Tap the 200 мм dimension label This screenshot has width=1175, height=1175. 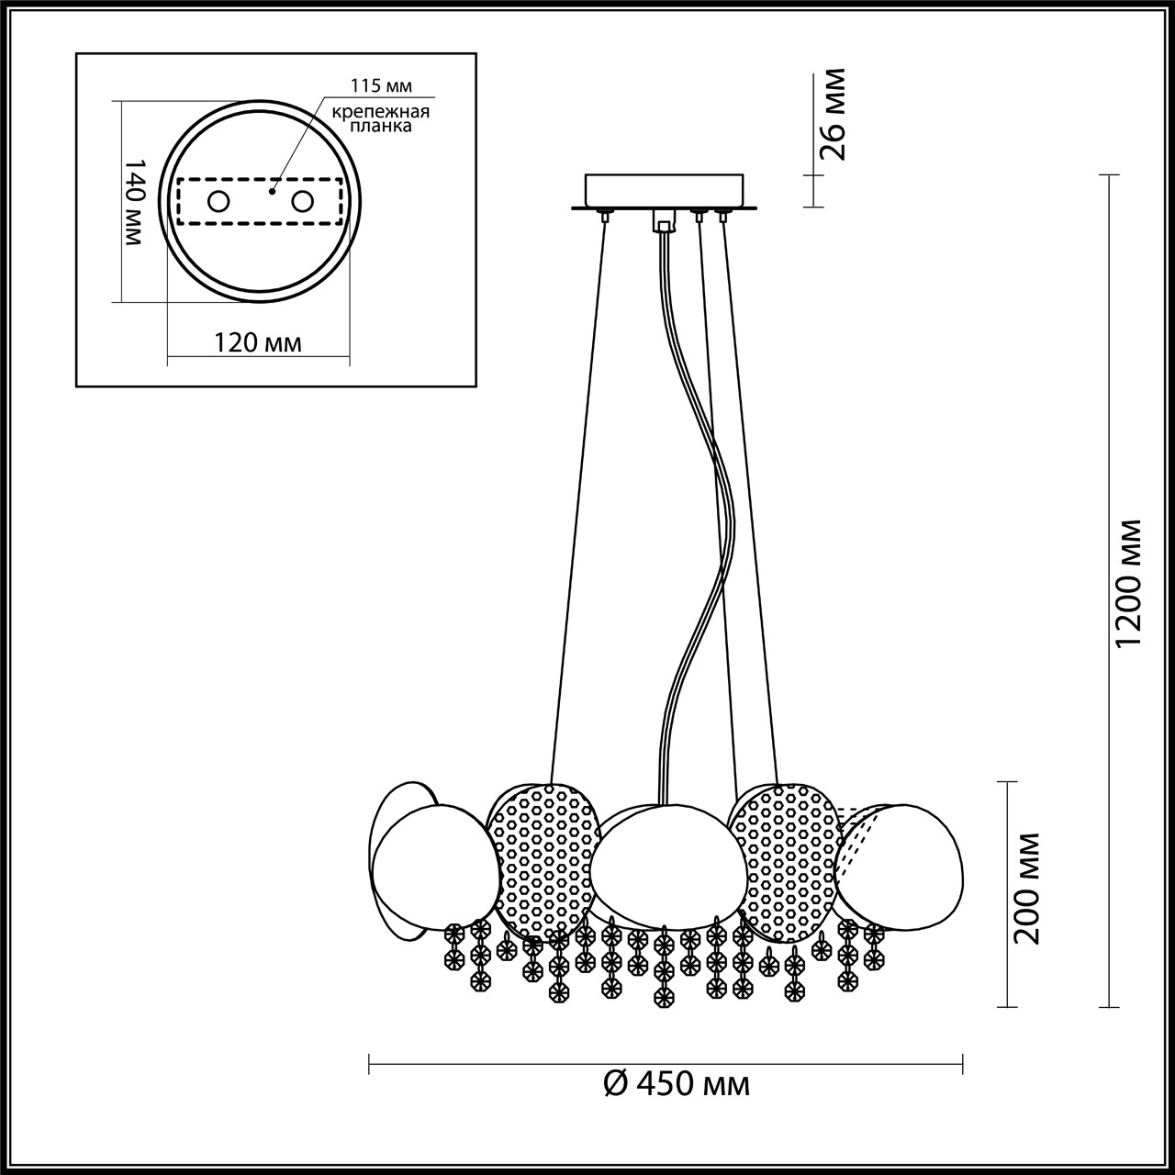(1029, 889)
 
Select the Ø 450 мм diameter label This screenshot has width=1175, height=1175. (677, 1084)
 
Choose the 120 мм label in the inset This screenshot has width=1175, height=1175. (258, 342)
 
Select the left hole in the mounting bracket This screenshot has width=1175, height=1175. (218, 201)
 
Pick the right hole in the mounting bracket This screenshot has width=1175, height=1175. (302, 201)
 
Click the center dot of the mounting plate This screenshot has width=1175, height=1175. (272, 193)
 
